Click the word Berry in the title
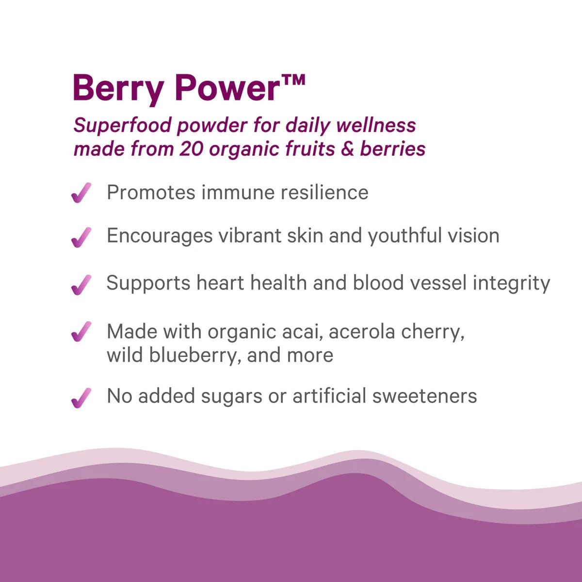[x=118, y=89]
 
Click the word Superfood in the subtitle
[x=122, y=125]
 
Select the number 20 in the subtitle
[x=191, y=149]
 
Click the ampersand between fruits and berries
[x=347, y=149]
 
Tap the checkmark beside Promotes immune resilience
[x=81, y=193]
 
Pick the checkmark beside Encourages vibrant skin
[x=81, y=237]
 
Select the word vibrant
[x=250, y=235]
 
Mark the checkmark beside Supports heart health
[x=81, y=285]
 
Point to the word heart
[x=220, y=283]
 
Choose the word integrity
[x=511, y=284]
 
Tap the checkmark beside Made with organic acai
[x=81, y=331]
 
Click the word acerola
[x=362, y=332]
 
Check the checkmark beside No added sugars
[x=81, y=398]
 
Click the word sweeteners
[x=424, y=396]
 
